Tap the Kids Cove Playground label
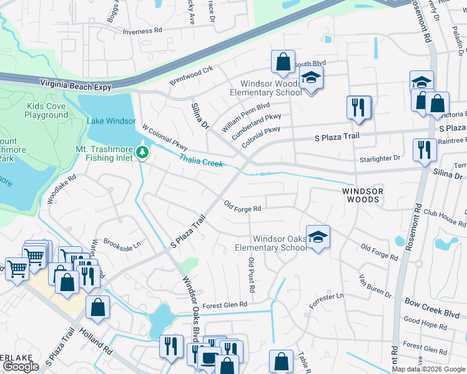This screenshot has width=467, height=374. [47, 110]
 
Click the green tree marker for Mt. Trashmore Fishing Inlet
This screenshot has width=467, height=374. [142, 151]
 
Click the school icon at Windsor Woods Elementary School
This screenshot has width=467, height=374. [310, 79]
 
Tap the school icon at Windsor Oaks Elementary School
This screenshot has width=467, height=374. [318, 236]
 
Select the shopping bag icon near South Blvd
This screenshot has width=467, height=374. [283, 62]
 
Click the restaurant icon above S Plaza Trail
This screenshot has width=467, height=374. [359, 107]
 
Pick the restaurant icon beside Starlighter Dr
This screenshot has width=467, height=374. [424, 150]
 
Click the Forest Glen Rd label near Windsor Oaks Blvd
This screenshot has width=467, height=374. [225, 304]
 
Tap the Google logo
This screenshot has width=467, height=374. [21, 367]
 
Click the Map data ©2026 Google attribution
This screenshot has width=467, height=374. [429, 369]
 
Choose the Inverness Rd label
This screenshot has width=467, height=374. [142, 30]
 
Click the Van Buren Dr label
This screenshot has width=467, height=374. [375, 285]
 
